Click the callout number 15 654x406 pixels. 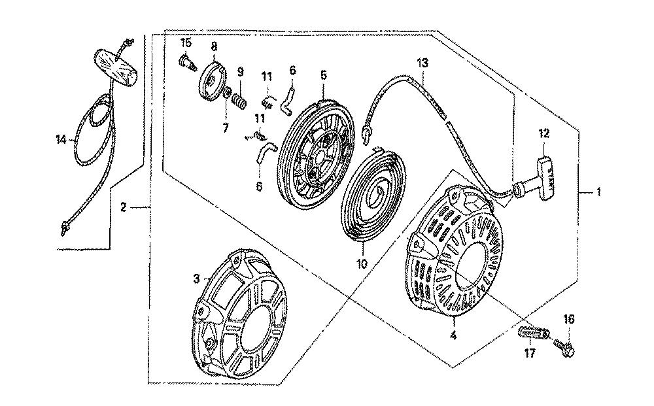tap(186, 42)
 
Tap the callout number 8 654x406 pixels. tap(214, 46)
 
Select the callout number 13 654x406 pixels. tap(422, 63)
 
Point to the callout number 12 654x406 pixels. tap(544, 133)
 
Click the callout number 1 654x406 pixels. tap(598, 192)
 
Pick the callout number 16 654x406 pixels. tap(569, 319)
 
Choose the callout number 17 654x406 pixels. tap(530, 354)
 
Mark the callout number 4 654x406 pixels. tap(453, 335)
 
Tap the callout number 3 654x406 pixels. tap(196, 279)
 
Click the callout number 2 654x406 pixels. tap(123, 207)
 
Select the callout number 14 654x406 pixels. tap(61, 140)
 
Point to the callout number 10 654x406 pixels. tap(362, 263)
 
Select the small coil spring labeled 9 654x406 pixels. tap(240, 102)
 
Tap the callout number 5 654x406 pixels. tap(324, 75)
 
